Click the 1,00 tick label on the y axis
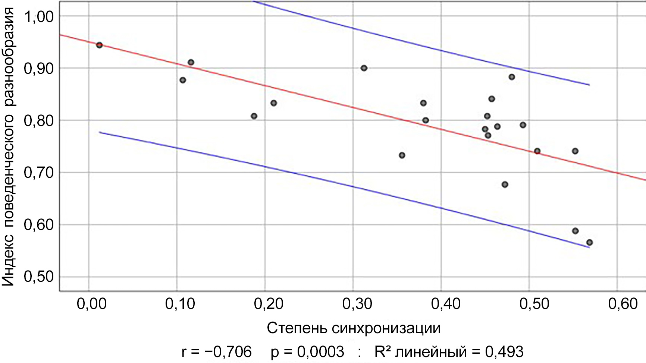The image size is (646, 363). coord(39,16)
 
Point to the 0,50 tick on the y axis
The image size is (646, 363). coord(39,277)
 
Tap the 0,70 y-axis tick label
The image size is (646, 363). coord(39,173)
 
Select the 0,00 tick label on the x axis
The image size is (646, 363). coord(92,304)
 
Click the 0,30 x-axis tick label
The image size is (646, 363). coord(357,304)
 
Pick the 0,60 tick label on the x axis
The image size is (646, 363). coord(623,304)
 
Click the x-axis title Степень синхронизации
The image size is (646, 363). coord(354,328)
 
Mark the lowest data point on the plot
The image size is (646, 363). coord(589,243)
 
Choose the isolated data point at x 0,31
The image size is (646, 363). coord(364,68)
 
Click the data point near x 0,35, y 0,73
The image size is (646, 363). coord(402,155)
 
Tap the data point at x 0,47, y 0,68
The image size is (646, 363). coord(505,184)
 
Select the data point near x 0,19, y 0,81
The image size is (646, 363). coord(254,116)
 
